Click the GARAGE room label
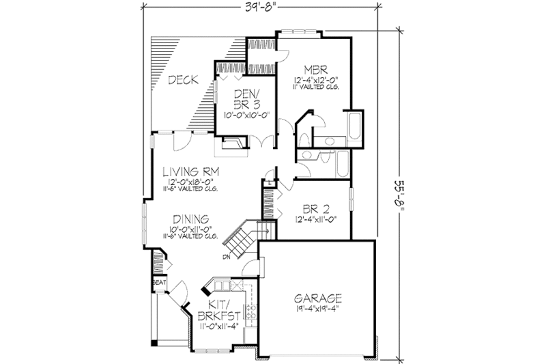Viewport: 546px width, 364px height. pyautogui.click(x=318, y=298)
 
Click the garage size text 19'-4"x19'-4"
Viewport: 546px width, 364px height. pyautogui.click(x=317, y=309)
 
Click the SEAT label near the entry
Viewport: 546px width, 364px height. pyautogui.click(x=158, y=281)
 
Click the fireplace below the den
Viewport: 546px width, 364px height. pyautogui.click(x=230, y=145)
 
